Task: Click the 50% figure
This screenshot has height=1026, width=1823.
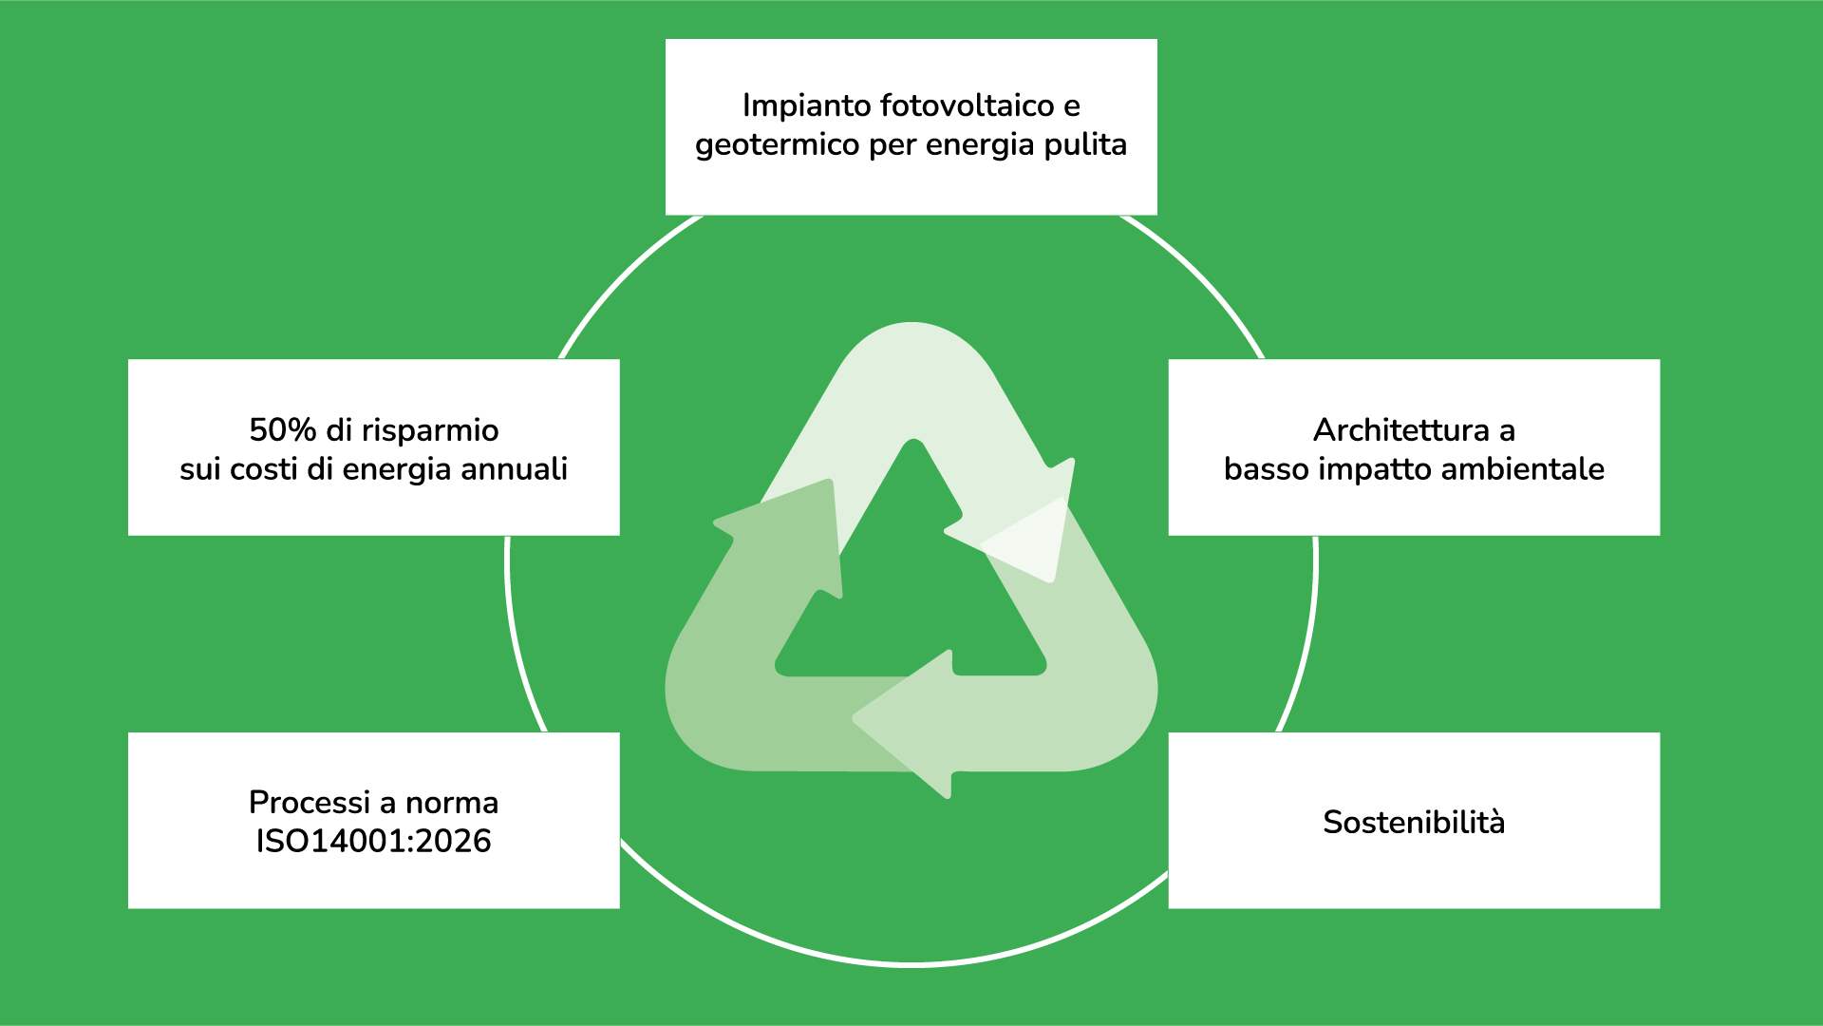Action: coord(282,430)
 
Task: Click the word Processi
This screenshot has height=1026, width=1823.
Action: coord(310,803)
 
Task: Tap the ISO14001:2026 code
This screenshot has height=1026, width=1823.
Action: coord(373,842)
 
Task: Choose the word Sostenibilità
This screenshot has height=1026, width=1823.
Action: coord(1414,823)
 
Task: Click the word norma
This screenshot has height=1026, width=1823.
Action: coord(451,804)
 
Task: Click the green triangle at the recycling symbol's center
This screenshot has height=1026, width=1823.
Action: coord(911,589)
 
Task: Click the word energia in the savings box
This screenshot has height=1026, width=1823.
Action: coord(386,470)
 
